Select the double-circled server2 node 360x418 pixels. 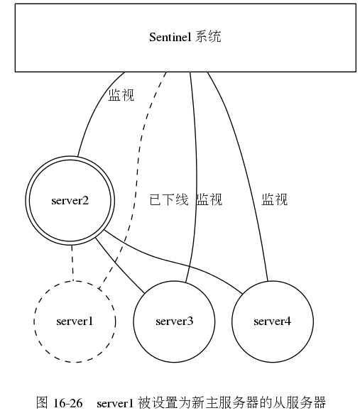pyautogui.click(x=70, y=200)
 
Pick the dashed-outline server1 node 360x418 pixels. pyautogui.click(x=75, y=321)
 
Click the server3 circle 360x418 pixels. pyautogui.click(x=174, y=321)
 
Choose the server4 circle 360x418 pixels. pyautogui.click(x=272, y=321)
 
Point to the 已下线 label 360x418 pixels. pyautogui.click(x=168, y=200)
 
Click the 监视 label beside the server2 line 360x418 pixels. pyautogui.click(x=121, y=95)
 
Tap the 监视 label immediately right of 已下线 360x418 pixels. pyautogui.click(x=209, y=200)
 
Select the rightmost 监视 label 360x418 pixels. pyautogui.click(x=275, y=200)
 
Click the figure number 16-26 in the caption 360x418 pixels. pyautogui.click(x=68, y=403)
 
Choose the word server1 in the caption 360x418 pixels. pyautogui.click(x=115, y=403)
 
